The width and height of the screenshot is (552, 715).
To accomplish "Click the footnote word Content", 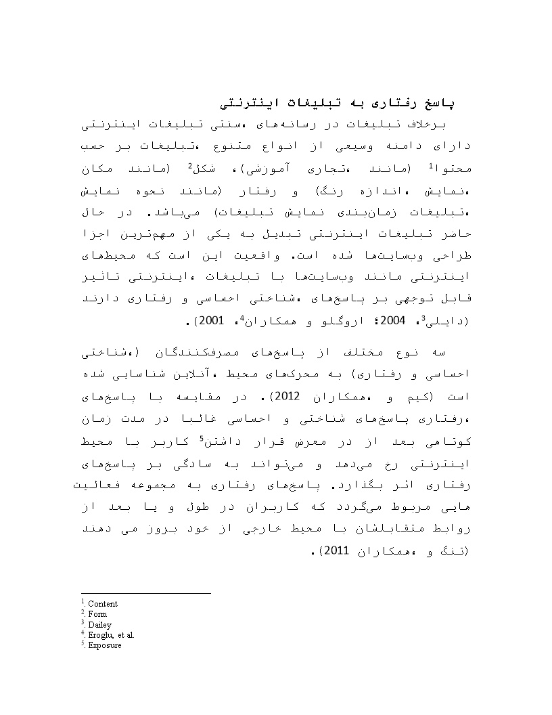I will coord(102,604).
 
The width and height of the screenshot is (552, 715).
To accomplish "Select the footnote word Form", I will coord(97,614).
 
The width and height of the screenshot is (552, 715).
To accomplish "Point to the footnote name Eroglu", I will coord(100,635).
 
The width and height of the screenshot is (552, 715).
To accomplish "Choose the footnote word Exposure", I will coord(105,645).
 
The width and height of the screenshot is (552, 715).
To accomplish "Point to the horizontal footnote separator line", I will coord(145,594).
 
